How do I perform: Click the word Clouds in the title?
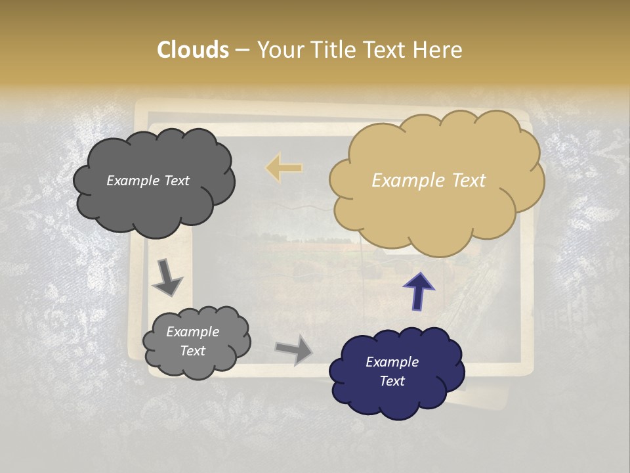[193, 50]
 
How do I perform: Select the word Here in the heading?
[437, 50]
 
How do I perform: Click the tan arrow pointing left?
[284, 168]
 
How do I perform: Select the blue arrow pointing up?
[418, 291]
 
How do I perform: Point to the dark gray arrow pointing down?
[167, 278]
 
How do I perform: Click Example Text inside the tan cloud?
[429, 181]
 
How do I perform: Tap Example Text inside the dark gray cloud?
[148, 181]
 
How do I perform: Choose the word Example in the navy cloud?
[392, 362]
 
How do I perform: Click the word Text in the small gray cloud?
[193, 351]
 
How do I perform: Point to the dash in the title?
[241, 50]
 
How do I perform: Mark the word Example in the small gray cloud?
[192, 332]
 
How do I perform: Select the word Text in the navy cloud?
[392, 381]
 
